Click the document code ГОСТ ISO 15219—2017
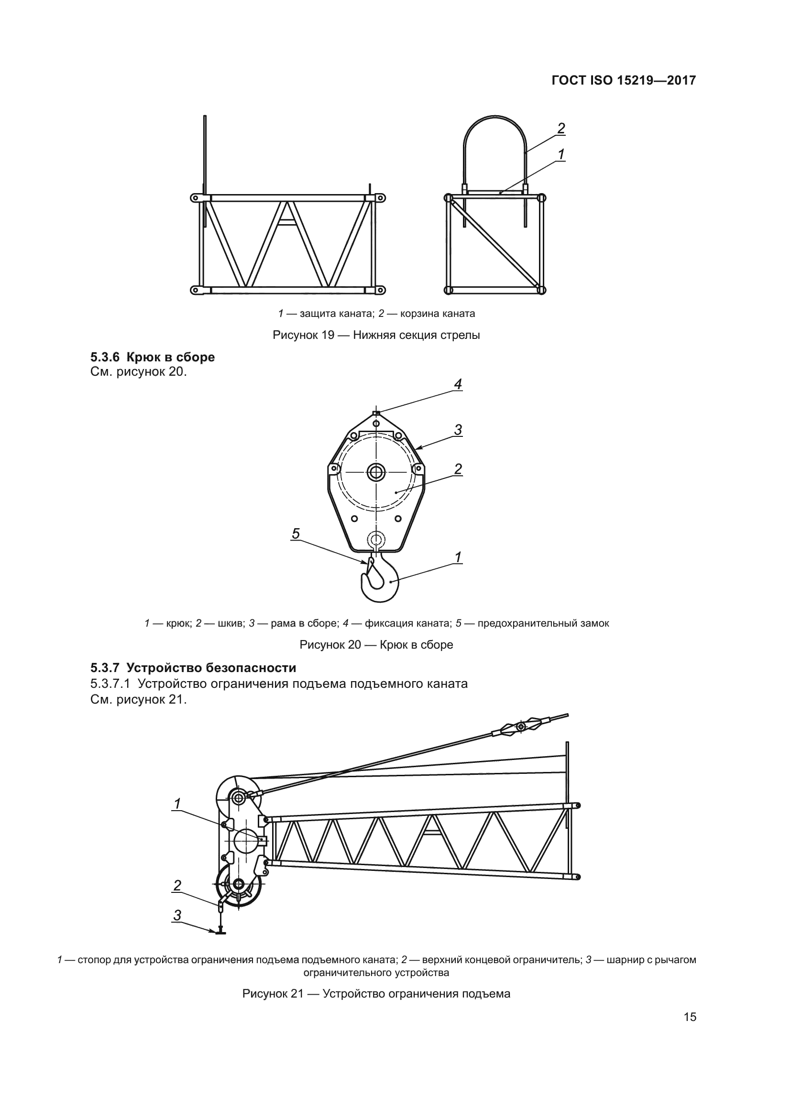[624, 81]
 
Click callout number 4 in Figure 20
[457, 385]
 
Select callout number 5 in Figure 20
[296, 534]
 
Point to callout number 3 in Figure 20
[458, 431]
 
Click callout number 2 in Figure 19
[561, 129]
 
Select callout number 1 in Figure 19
[561, 155]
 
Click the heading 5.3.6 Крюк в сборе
[153, 358]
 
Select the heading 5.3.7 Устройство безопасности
[193, 667]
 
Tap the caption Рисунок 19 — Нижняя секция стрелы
[376, 335]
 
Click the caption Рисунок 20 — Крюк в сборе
[376, 645]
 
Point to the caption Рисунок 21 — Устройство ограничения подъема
[376, 994]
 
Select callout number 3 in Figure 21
[177, 915]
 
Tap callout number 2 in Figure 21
[177, 886]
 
